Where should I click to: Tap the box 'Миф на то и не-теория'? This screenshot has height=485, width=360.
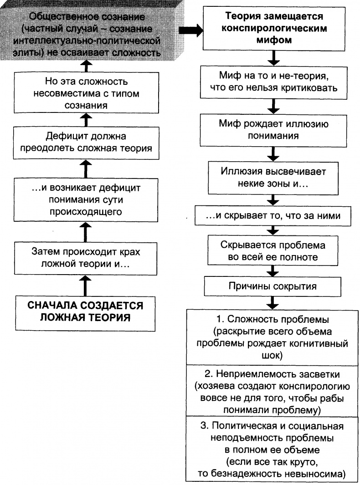[x=272, y=82]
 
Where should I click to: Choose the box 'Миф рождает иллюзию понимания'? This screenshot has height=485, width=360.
[x=272, y=129]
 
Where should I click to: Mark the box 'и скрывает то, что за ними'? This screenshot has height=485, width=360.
[x=272, y=216]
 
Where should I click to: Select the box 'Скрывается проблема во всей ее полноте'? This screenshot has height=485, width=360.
[x=272, y=250]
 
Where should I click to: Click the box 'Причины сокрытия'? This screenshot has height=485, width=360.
[x=272, y=286]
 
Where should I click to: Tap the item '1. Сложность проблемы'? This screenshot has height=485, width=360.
[x=272, y=337]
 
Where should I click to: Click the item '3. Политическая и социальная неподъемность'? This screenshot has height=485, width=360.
[x=272, y=449]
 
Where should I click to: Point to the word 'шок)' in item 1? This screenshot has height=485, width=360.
[x=272, y=355]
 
